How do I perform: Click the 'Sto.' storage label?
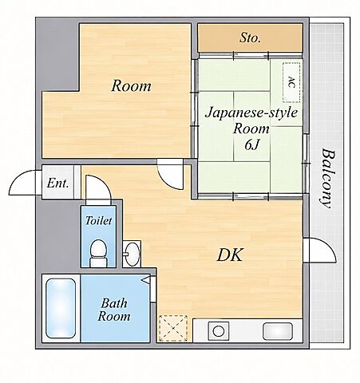(x=250, y=38)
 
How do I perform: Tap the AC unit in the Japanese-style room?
(x=291, y=82)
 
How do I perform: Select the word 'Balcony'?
(x=327, y=179)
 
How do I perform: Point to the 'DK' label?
(x=230, y=255)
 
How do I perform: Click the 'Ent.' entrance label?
(x=57, y=183)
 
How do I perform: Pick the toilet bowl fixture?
(x=98, y=253)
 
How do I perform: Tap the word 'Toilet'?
(x=98, y=220)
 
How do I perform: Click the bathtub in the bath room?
(x=61, y=308)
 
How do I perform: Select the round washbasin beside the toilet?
(x=133, y=254)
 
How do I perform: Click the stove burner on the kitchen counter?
(x=219, y=331)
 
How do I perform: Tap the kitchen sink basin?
(x=278, y=331)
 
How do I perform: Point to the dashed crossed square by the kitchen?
(x=173, y=328)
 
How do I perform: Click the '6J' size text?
(x=251, y=144)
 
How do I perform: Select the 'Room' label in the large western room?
(x=131, y=85)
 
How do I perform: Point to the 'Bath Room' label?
(x=114, y=310)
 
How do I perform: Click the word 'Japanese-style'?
(x=251, y=113)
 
